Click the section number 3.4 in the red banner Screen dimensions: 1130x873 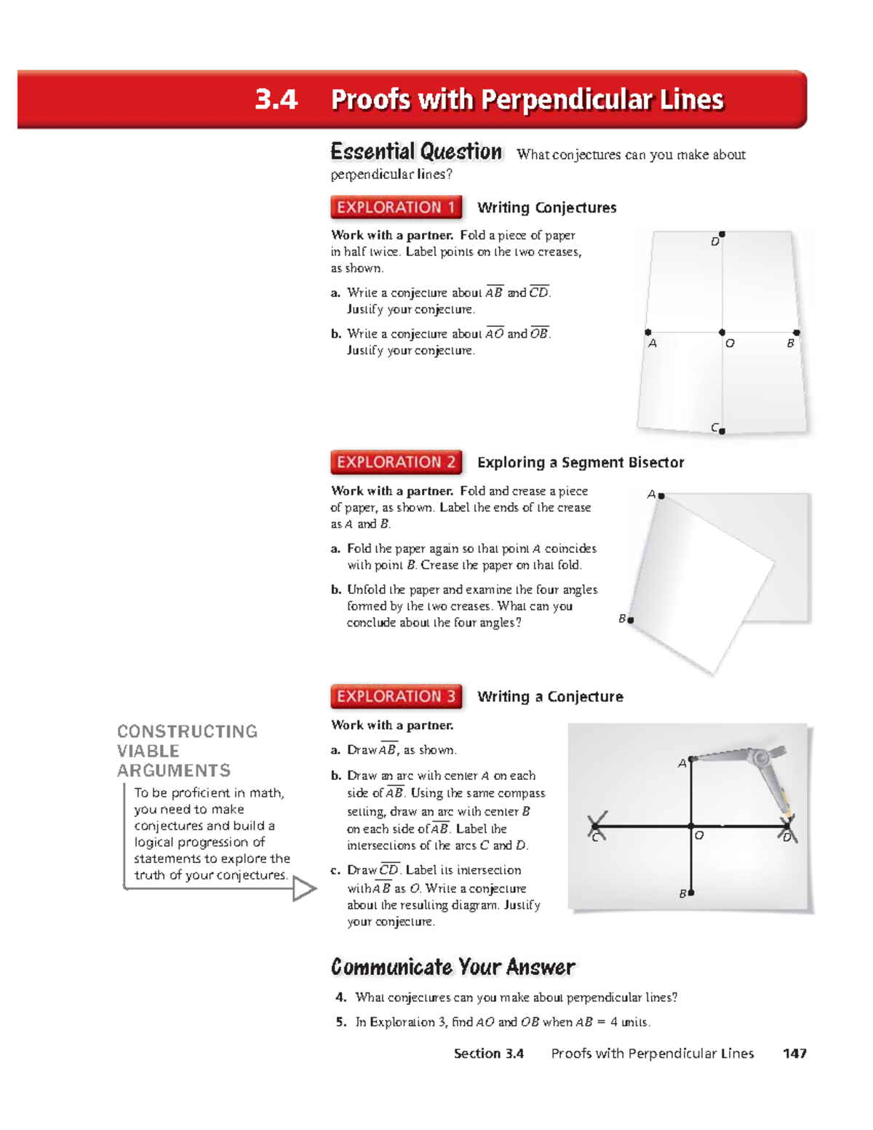(x=276, y=99)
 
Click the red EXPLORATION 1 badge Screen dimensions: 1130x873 (x=396, y=207)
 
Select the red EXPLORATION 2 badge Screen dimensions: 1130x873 (x=396, y=462)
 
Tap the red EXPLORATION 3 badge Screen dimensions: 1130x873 (x=396, y=696)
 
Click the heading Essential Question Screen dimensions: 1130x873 (x=416, y=152)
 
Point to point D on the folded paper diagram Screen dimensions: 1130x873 (x=722, y=235)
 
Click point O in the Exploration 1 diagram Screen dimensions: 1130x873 (x=722, y=333)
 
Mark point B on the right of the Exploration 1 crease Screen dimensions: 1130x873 (x=797, y=333)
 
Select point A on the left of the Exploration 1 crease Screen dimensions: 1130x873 (x=648, y=333)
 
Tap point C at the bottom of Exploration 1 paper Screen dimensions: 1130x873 (x=722, y=431)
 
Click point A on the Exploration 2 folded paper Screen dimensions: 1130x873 (x=661, y=496)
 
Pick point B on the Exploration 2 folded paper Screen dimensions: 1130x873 (x=631, y=620)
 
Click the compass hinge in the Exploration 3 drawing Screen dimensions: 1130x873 (x=761, y=757)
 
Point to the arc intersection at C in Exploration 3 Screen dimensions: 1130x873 (x=595, y=826)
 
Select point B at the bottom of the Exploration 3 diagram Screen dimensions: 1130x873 (x=691, y=892)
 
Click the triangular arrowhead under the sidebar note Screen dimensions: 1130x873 (x=303, y=888)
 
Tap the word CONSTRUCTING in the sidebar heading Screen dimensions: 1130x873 (x=187, y=731)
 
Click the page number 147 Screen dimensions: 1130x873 (x=794, y=1053)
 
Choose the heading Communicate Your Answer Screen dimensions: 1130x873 (x=453, y=967)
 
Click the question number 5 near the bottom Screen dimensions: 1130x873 (x=340, y=1022)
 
